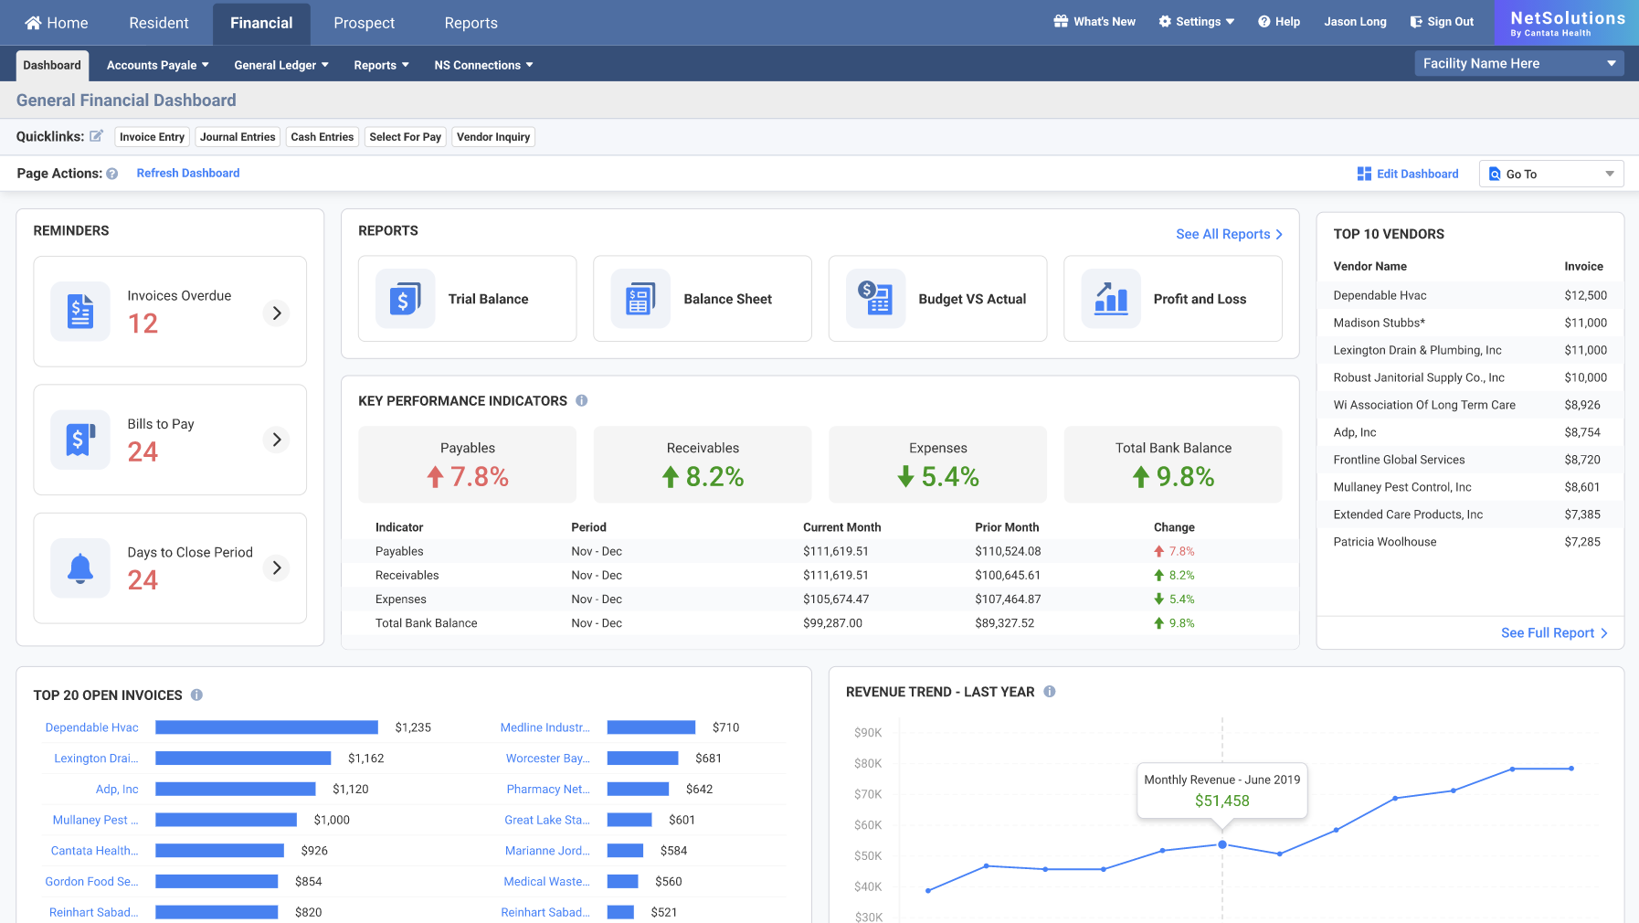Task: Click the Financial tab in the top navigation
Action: point(261,23)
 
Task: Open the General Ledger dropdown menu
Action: point(280,65)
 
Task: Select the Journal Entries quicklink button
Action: point(238,137)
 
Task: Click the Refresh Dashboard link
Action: point(188,173)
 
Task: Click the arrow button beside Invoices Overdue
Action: point(276,313)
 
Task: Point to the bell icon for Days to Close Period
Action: point(80,568)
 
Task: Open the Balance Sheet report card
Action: point(702,299)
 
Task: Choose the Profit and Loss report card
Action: point(1172,299)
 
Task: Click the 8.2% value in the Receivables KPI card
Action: point(714,476)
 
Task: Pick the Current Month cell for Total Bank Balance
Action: point(832,623)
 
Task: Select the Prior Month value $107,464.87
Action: point(1008,599)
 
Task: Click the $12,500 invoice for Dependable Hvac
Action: point(1585,295)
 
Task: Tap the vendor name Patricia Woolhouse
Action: point(1384,542)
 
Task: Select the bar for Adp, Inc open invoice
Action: point(235,789)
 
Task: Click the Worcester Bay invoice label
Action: point(547,759)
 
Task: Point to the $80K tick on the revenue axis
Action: point(868,763)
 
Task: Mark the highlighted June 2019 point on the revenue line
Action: point(1222,844)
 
